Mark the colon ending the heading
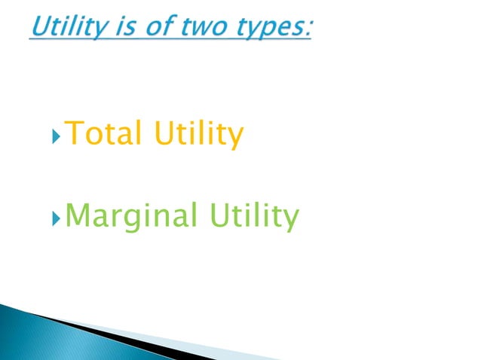pos(308,29)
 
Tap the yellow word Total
pos(104,135)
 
